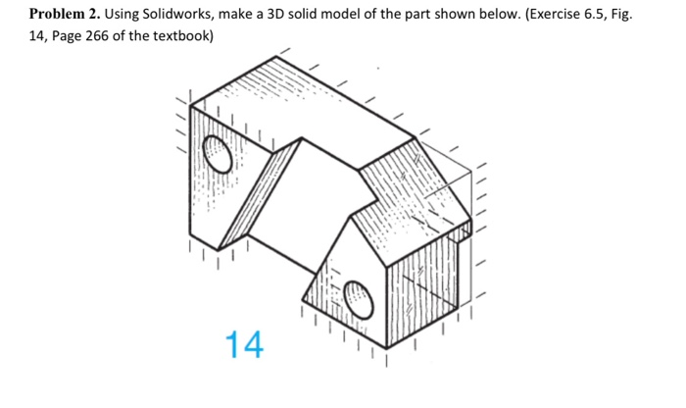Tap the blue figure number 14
244,344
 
